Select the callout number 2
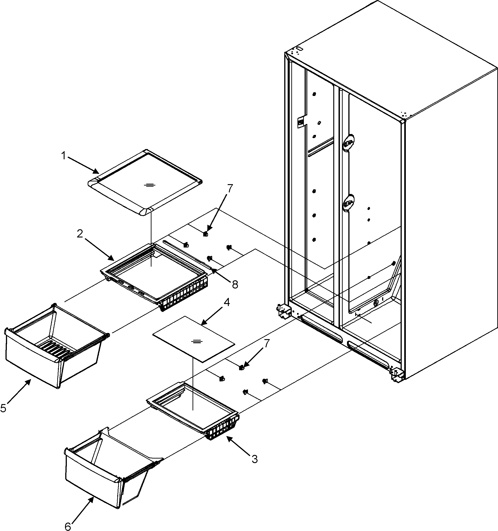[80, 234]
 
